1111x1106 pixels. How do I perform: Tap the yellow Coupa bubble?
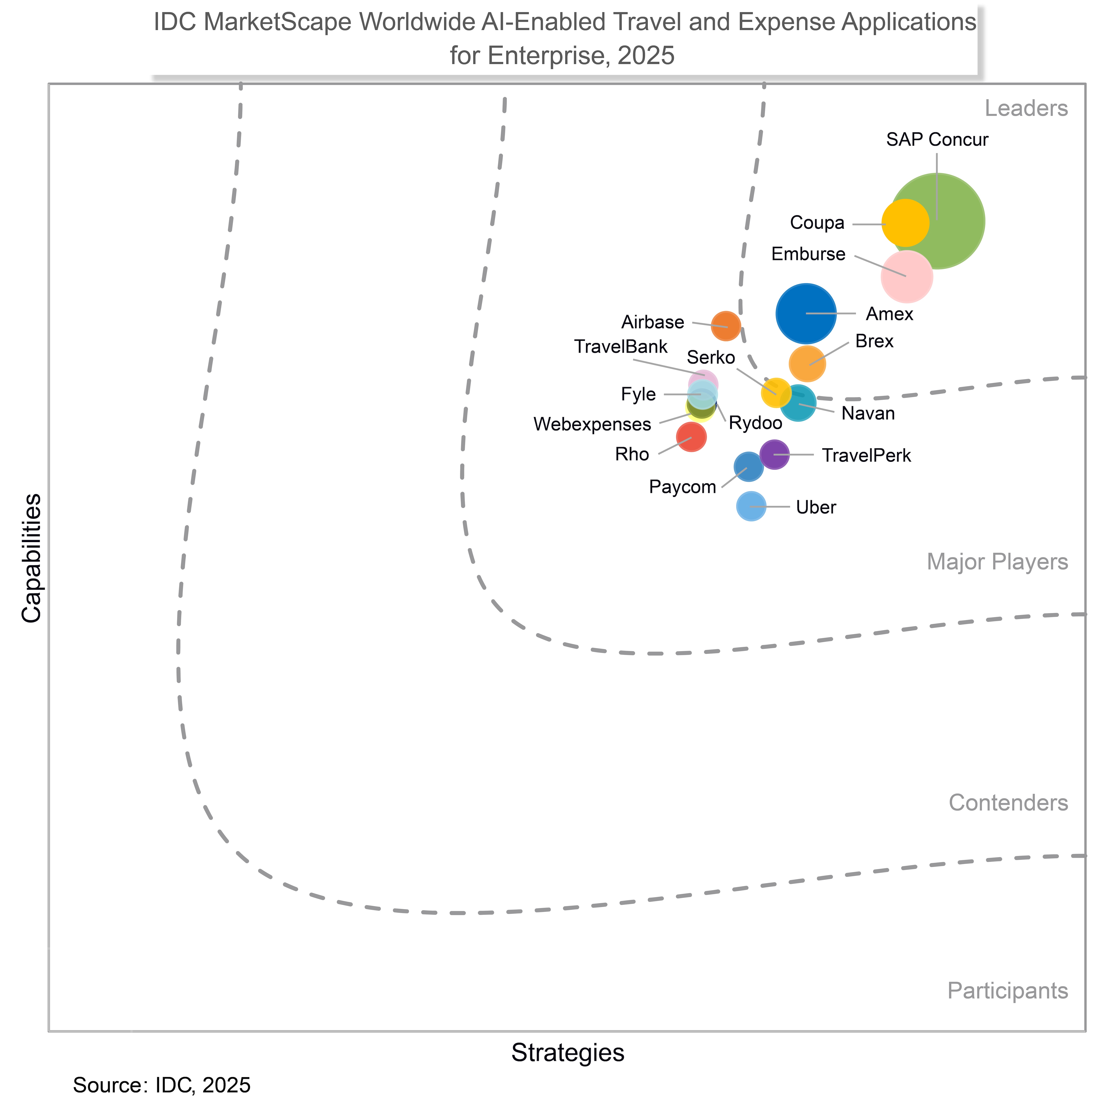pyautogui.click(x=905, y=222)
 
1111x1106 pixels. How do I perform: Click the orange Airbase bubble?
pyautogui.click(x=726, y=326)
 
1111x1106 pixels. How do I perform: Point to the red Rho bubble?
pyautogui.click(x=691, y=437)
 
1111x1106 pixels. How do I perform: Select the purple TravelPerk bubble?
pyautogui.click(x=774, y=454)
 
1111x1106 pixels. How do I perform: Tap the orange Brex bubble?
pyautogui.click(x=807, y=363)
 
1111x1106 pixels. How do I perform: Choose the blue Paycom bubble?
pyautogui.click(x=748, y=467)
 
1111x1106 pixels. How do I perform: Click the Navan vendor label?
pyautogui.click(x=868, y=414)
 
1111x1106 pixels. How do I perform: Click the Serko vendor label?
pyautogui.click(x=711, y=358)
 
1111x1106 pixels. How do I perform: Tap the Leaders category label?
pyautogui.click(x=1026, y=108)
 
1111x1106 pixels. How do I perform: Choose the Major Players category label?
pyautogui.click(x=997, y=562)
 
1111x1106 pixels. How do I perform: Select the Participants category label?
pyautogui.click(x=1007, y=990)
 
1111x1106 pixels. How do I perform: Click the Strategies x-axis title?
pyautogui.click(x=567, y=1052)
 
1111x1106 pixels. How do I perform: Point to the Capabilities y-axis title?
pyautogui.click(x=32, y=558)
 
